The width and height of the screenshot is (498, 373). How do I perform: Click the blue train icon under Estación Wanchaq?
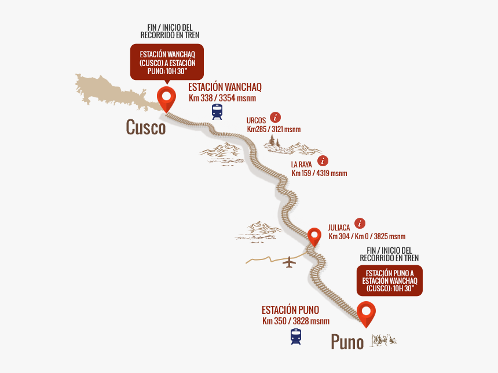(217, 111)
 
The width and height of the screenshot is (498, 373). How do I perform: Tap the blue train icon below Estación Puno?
(296, 337)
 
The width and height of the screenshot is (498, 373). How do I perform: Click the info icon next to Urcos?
(276, 117)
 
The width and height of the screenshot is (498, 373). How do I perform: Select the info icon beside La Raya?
(323, 160)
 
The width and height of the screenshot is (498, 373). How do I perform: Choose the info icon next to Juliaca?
(360, 223)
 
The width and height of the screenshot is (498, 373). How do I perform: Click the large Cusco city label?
(146, 128)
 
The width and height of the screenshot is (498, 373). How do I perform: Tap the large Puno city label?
(347, 342)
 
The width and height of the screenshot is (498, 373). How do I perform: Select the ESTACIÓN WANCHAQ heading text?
(225, 87)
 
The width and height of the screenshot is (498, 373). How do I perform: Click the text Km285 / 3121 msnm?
(274, 129)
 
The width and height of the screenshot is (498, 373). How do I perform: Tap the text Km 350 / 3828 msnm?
(296, 321)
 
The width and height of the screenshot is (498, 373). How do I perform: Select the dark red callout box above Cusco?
(167, 62)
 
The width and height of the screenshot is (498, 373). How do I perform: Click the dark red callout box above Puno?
(389, 280)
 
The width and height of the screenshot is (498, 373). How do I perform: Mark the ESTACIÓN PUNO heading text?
(290, 310)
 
